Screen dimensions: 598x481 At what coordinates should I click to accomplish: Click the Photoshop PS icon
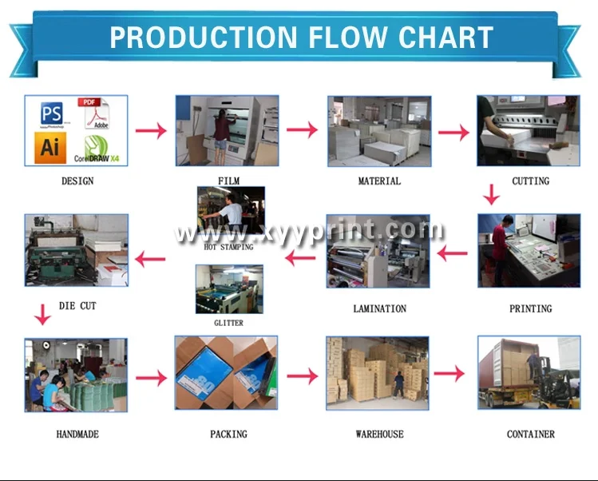pos(52,113)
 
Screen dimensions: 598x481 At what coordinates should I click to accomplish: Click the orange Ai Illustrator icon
pos(49,147)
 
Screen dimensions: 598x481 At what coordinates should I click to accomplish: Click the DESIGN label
pos(77,181)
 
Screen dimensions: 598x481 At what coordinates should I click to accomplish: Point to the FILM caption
pos(228,181)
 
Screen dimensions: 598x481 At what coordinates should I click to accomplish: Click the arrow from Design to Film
pos(150,129)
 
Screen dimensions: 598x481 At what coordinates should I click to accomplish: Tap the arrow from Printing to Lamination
pos(453,255)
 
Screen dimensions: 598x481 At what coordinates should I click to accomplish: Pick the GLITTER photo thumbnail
pos(229,289)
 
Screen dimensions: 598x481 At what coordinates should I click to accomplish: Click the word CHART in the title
pos(446,38)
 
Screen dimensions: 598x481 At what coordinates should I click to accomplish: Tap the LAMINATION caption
pos(379,308)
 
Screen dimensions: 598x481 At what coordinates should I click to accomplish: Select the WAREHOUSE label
pos(379,435)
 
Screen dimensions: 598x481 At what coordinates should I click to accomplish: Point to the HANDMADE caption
pos(77,435)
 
